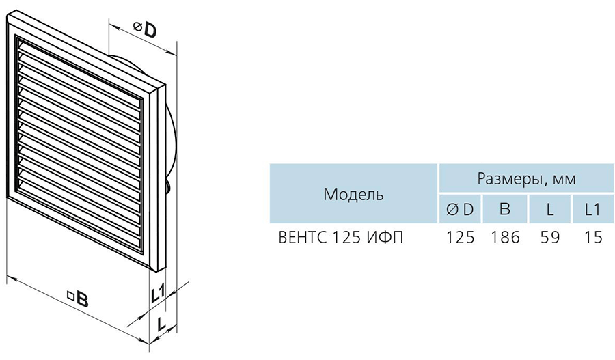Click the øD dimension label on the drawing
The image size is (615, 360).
(145, 29)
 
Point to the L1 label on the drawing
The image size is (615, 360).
(158, 294)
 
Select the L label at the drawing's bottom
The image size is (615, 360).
(161, 324)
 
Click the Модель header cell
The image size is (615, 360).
(353, 194)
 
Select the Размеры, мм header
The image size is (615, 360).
(526, 179)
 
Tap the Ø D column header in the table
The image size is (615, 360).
(460, 210)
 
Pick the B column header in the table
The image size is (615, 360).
(505, 209)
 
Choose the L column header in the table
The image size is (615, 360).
(550, 210)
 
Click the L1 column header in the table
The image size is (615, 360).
(592, 210)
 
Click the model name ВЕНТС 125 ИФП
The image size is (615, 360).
(340, 238)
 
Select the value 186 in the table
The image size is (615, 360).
(505, 238)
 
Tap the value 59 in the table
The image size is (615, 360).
(549, 238)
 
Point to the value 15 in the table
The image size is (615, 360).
(593, 238)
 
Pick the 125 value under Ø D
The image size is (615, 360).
(461, 238)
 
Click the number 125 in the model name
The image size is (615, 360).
(346, 238)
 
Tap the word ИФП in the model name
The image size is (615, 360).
(385, 238)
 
